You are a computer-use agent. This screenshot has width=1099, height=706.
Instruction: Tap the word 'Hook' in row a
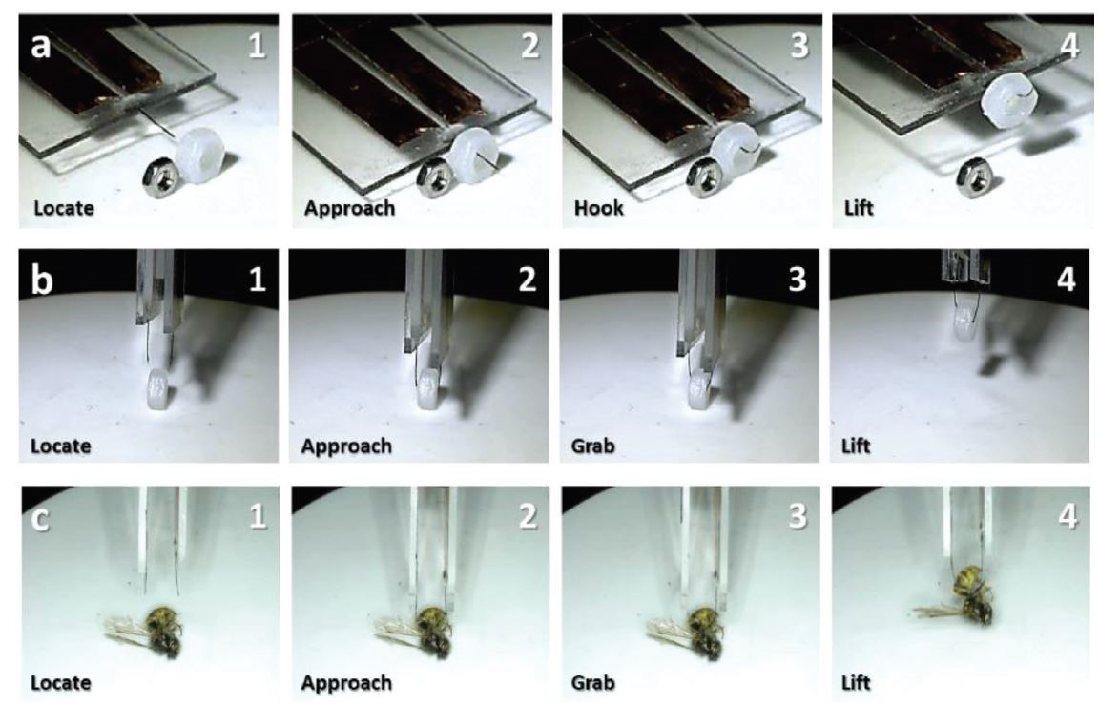[598, 208]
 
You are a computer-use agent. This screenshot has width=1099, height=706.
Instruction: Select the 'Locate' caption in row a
[64, 208]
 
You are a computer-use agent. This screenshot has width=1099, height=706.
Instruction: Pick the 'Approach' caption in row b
[346, 446]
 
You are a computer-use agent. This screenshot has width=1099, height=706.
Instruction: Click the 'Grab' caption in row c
[593, 682]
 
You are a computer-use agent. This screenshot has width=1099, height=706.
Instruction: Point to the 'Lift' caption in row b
[855, 446]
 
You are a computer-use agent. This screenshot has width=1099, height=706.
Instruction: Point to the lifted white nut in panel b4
[966, 326]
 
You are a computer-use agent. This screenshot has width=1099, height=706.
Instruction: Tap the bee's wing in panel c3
[669, 630]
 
